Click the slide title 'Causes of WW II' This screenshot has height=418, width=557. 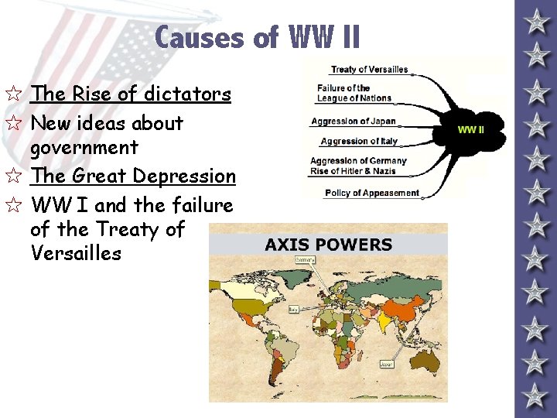coord(257,37)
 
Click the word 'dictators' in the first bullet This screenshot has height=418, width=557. coord(189,94)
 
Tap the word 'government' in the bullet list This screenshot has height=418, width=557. coord(84,147)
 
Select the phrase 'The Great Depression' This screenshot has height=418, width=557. coord(133,176)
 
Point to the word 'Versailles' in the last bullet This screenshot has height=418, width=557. coord(76,253)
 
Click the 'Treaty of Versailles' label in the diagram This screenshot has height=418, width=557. coord(369,70)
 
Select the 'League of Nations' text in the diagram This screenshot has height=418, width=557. coord(354,98)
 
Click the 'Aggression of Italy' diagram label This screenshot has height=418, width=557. coord(359,141)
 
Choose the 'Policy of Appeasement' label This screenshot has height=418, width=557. coord(371,193)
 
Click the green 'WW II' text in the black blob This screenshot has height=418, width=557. coord(470,129)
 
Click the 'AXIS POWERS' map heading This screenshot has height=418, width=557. coord(328,245)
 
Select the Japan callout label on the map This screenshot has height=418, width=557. coord(386,363)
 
